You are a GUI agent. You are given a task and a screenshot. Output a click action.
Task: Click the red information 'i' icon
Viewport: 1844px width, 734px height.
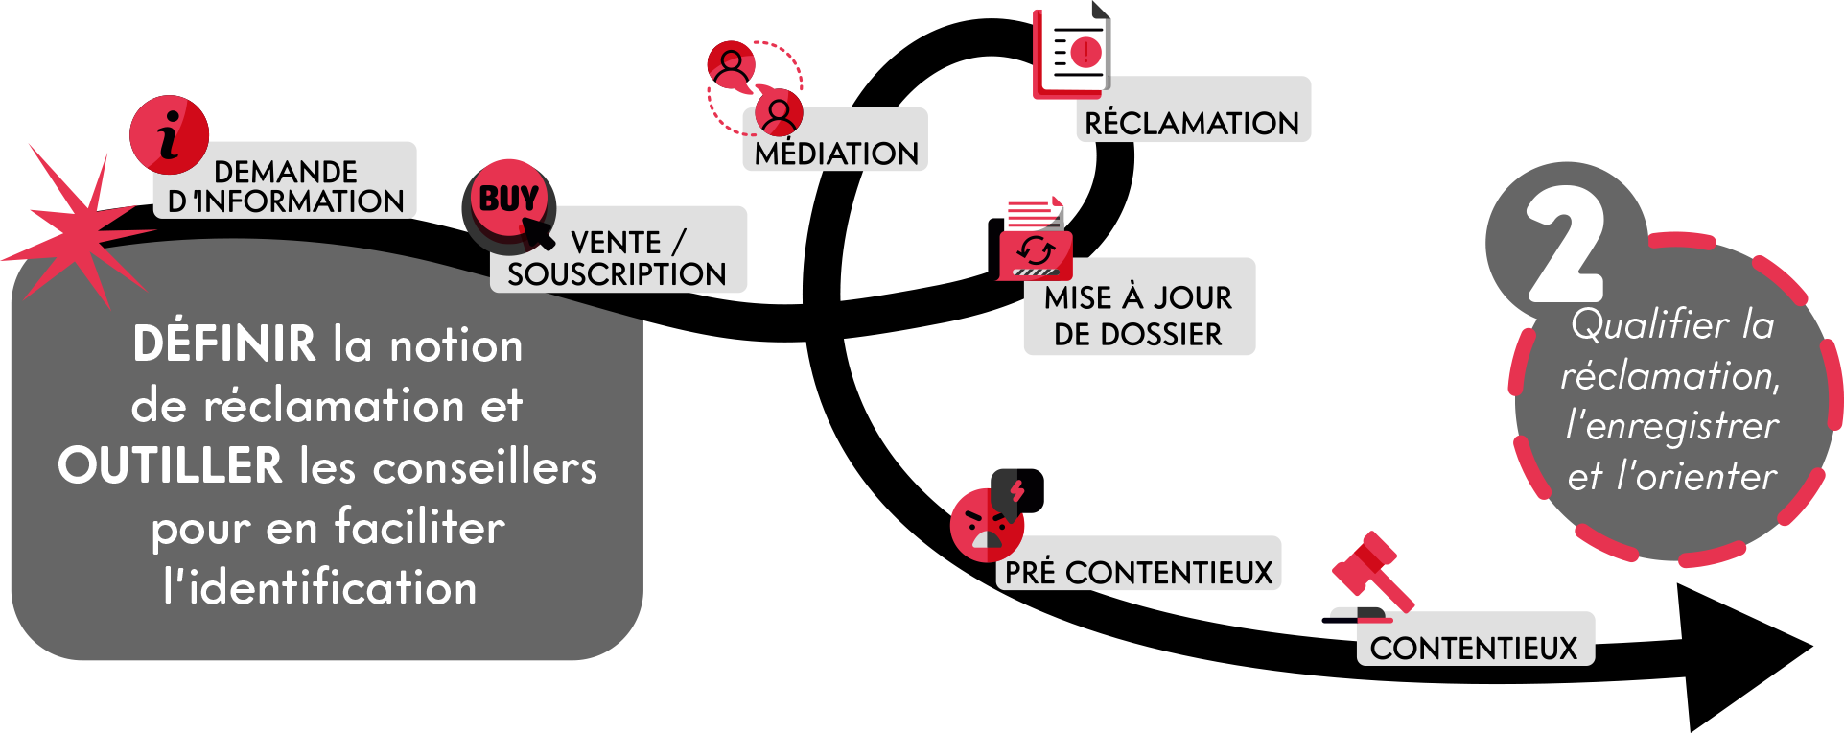[170, 134]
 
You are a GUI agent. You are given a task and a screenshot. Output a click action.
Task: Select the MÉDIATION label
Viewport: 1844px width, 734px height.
[836, 153]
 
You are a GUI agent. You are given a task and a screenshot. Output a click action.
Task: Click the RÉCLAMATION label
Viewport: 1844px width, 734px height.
[1192, 122]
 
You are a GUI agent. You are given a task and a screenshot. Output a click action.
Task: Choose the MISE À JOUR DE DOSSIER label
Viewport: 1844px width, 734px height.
[1139, 315]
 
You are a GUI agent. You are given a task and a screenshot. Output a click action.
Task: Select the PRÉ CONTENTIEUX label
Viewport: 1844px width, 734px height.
[1138, 572]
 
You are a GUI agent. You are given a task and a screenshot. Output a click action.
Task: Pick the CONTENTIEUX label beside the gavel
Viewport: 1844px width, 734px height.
[1474, 648]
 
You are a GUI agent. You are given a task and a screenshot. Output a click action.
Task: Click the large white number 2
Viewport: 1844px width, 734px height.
[1566, 246]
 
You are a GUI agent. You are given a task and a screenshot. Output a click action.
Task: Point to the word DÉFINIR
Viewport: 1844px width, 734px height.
[224, 343]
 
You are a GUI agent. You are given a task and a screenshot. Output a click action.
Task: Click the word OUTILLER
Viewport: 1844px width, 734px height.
[170, 466]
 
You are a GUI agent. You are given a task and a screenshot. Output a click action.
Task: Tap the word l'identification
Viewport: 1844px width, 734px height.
[320, 587]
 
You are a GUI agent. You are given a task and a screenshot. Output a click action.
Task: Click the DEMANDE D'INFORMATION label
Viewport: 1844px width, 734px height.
[286, 186]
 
